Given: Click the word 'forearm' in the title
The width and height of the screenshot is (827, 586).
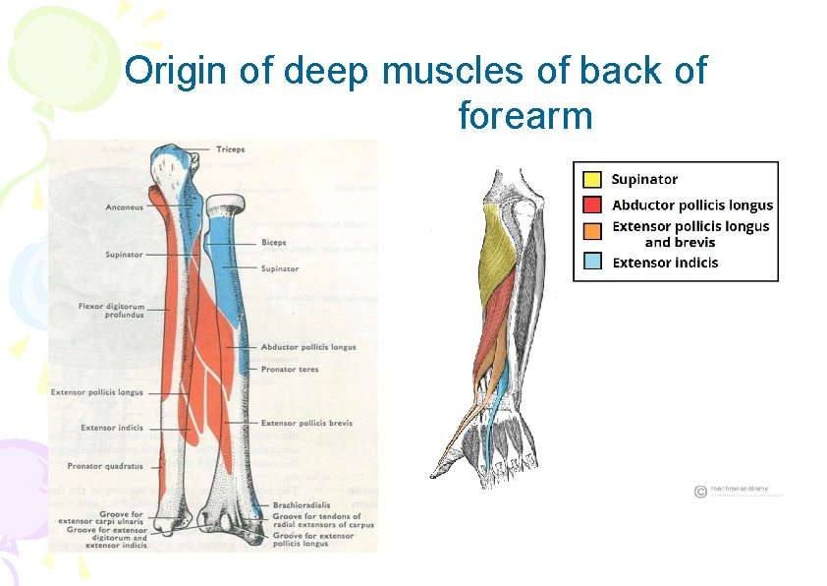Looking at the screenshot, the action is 525,116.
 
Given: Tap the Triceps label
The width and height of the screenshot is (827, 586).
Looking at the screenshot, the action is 230,149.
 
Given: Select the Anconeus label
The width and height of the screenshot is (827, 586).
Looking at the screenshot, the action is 125,207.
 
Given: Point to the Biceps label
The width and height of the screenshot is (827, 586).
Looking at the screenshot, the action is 274,242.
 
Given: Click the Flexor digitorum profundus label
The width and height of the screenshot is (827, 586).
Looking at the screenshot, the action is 111,311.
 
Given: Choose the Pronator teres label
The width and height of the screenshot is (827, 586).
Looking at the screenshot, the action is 290,370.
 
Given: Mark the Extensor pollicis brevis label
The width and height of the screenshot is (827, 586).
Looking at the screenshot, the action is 306,423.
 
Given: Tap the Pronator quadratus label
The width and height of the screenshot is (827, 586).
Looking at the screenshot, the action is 105,465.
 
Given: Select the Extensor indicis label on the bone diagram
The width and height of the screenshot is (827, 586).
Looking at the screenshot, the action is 112,428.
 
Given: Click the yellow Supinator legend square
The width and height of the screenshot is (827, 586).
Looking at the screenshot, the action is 592,180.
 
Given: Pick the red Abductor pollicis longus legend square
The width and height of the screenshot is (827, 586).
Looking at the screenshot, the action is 592,205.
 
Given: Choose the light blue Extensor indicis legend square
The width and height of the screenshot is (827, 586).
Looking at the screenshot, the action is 592,262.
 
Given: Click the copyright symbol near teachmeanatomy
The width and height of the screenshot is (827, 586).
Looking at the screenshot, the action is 699,492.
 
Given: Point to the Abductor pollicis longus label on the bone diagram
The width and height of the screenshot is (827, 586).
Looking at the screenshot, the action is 308,347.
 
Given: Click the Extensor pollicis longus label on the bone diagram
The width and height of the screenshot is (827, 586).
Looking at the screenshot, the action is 97,392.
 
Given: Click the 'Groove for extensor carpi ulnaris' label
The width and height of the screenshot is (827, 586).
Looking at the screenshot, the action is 108,518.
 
